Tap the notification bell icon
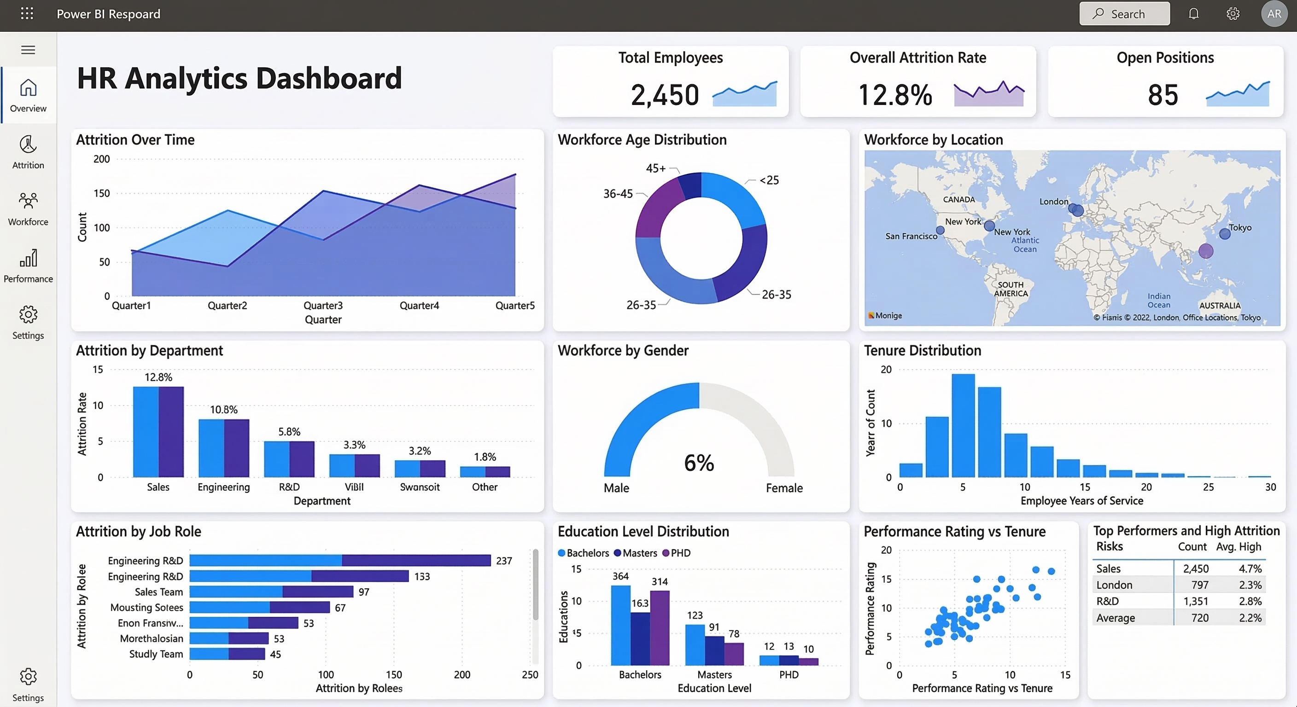point(1194,14)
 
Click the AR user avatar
point(1274,14)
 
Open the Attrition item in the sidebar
point(28,151)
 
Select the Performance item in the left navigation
point(28,265)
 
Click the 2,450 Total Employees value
point(665,95)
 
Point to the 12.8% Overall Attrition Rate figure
point(895,95)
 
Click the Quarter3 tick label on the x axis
point(323,306)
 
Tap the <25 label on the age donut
point(769,180)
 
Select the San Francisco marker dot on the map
point(940,231)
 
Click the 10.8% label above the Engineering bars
point(223,410)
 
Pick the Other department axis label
point(485,487)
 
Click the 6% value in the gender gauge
point(699,463)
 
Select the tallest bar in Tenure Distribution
point(963,425)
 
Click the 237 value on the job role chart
point(504,561)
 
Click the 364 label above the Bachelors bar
point(620,576)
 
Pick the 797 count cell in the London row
point(1199,585)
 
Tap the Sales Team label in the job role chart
point(158,592)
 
